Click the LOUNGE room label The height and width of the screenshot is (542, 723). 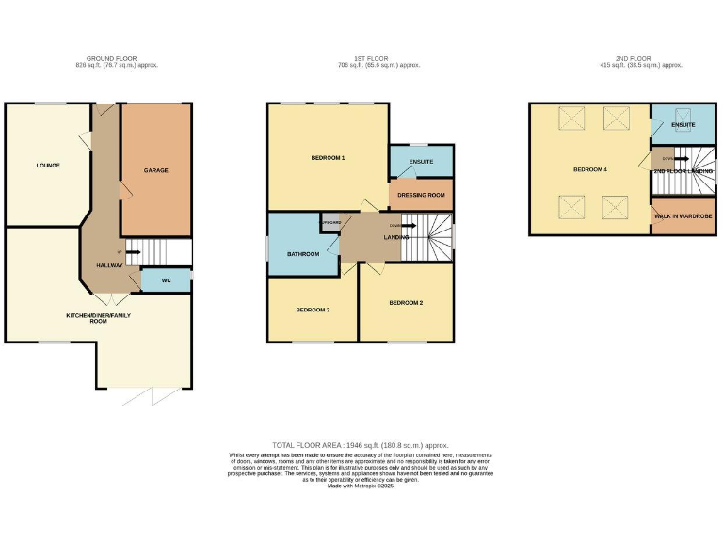point(48,166)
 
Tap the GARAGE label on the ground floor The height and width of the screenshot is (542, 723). point(155,170)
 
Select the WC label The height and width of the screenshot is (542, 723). point(166,279)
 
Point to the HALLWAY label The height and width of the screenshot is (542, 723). point(109,265)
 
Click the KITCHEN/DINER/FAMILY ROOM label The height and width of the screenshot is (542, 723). point(98,318)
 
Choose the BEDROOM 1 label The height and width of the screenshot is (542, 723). point(328,157)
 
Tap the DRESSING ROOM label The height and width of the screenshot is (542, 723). point(421,195)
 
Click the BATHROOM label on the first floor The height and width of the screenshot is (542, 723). point(303,254)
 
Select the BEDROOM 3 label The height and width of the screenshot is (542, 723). point(313,310)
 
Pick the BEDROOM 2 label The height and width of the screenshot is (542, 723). point(406,302)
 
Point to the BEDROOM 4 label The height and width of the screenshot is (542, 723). point(590,169)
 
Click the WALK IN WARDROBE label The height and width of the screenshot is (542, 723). point(683,216)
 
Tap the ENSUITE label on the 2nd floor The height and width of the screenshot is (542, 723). point(683,124)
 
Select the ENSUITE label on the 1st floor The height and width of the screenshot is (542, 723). point(421,162)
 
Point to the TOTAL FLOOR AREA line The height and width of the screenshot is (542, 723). point(361,444)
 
